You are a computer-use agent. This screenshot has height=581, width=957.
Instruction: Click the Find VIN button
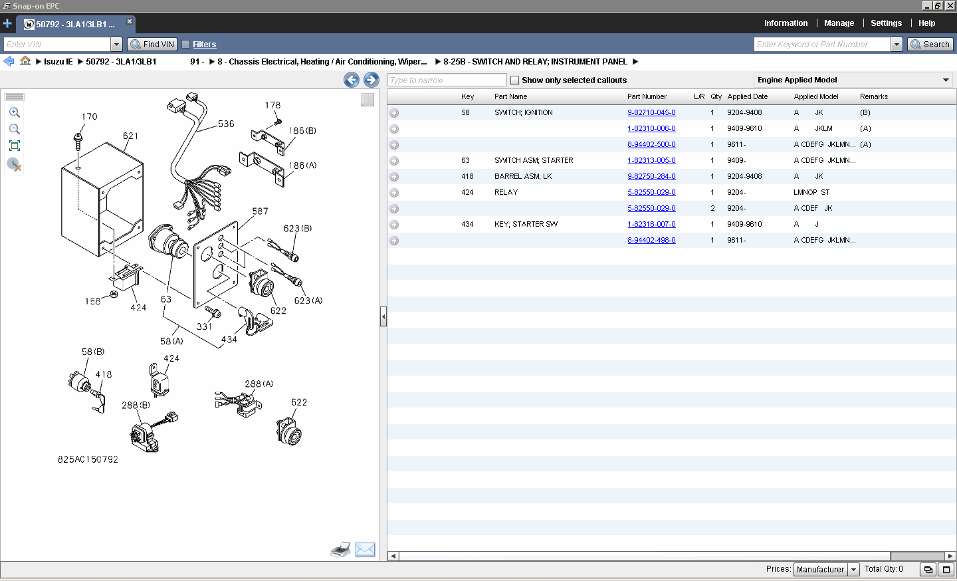[152, 45]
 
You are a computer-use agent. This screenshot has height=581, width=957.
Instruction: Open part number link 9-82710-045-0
[651, 113]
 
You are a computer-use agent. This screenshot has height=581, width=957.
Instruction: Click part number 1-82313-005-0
[651, 161]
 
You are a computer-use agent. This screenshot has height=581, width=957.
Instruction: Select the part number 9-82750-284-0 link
[651, 177]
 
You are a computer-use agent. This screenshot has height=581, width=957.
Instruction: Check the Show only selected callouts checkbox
[514, 80]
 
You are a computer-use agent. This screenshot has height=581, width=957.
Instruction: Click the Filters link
[204, 45]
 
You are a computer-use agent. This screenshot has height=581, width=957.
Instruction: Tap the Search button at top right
[930, 45]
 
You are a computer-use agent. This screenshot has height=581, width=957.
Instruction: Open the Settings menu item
[886, 23]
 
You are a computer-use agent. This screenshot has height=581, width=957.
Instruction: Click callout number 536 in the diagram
[226, 124]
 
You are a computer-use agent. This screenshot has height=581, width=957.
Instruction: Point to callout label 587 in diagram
[260, 211]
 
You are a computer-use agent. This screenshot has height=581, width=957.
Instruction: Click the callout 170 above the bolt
[90, 117]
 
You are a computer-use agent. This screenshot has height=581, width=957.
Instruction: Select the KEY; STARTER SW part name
[526, 225]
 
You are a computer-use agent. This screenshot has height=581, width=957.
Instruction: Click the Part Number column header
[647, 97]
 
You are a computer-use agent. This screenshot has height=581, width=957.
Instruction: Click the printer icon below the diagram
[340, 550]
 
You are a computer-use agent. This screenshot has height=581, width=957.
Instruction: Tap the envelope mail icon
[365, 550]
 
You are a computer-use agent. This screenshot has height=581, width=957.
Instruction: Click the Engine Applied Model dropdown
[853, 80]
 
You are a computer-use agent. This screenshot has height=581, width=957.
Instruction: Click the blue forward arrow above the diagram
[372, 80]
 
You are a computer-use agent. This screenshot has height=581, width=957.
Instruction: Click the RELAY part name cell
[506, 193]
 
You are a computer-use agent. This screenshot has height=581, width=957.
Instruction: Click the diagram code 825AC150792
[88, 460]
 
